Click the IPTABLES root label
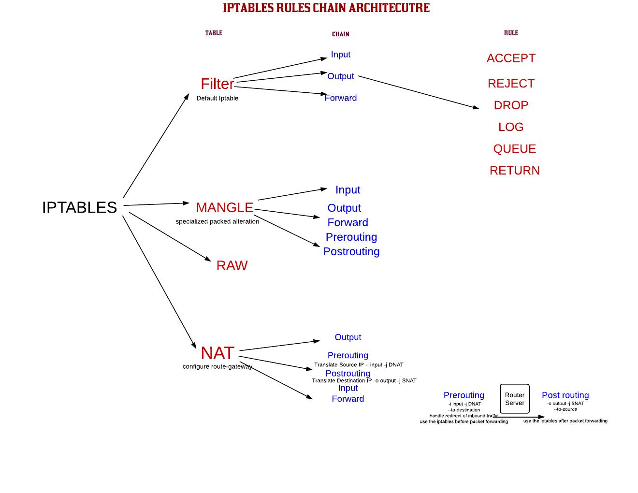79,207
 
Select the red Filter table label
217,84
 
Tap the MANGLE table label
224,208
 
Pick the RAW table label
232,266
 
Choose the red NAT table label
217,353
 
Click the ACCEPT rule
511,58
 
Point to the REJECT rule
511,84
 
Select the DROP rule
511,105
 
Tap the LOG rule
511,127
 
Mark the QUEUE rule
514,149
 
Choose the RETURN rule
514,171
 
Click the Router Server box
514,399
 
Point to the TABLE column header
214,33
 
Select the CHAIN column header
340,34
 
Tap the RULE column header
511,33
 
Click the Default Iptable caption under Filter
217,98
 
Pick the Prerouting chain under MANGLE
351,237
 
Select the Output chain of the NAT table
348,337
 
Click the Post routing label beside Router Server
565,395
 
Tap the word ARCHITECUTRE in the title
389,8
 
